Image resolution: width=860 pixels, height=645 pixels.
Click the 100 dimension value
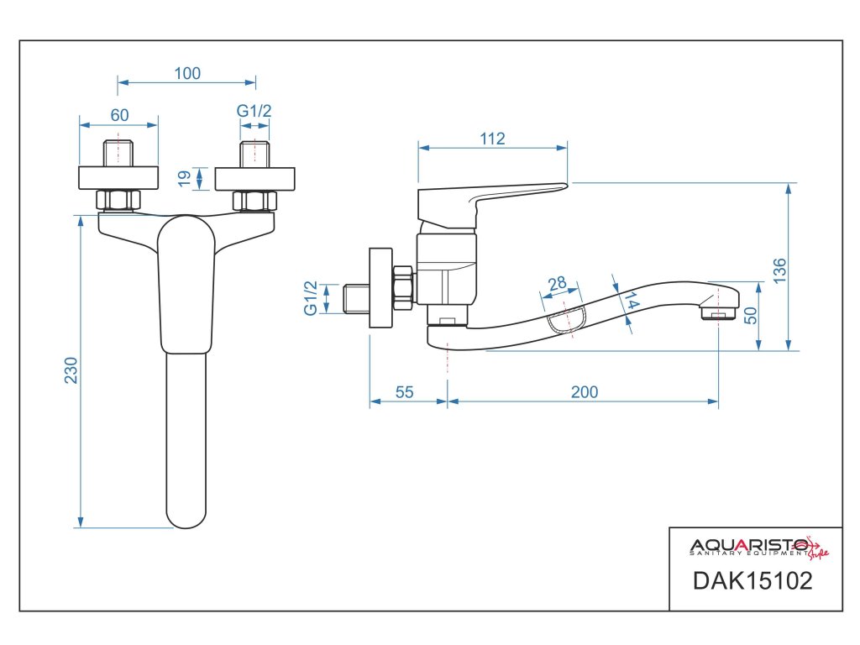187,73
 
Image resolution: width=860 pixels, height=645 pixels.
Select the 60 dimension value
119,115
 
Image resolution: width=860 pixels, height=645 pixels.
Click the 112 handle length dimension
493,139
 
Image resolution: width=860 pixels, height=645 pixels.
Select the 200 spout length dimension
585,392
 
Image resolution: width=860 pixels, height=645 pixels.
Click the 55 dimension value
405,392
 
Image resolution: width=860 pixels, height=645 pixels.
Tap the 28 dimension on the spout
557,284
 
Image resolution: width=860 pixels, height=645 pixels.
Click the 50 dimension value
751,316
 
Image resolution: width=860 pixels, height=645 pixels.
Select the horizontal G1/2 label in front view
254,112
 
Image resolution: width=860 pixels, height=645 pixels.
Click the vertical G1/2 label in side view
311,298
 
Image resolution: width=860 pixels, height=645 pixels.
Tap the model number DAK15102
752,580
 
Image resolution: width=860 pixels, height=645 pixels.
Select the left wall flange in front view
118,178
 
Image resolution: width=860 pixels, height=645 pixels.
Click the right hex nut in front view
254,201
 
